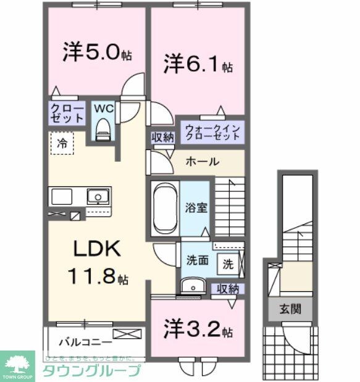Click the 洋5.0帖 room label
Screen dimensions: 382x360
(x=96, y=53)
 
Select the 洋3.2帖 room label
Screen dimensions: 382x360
(x=198, y=330)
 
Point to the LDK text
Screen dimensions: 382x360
(x=96, y=249)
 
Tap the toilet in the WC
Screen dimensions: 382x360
(x=103, y=128)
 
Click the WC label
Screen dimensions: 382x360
(x=103, y=109)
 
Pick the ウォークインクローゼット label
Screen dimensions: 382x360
(x=212, y=133)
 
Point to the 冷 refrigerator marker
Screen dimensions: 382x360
(x=62, y=143)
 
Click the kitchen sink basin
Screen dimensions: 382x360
(x=96, y=197)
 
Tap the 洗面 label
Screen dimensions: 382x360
(x=197, y=260)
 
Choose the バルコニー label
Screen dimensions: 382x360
(x=85, y=341)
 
